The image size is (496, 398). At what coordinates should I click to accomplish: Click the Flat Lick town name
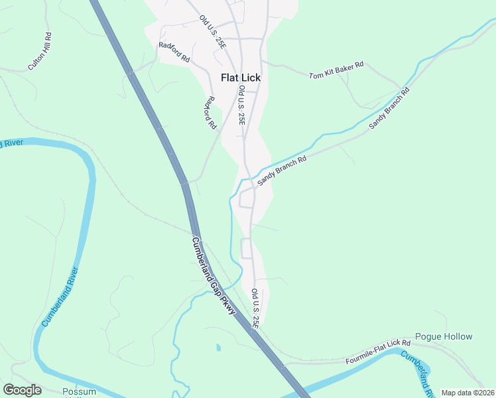[x=241, y=78]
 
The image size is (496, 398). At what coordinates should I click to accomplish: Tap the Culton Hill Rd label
[x=40, y=51]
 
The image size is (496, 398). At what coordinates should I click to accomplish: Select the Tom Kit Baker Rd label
[x=336, y=70]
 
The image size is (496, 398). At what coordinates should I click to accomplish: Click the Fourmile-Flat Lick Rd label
[x=378, y=352]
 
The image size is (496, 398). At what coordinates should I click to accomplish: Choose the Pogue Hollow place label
[x=444, y=336]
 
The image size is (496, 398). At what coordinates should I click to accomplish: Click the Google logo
[x=22, y=390]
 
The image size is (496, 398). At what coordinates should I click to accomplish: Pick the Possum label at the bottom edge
[x=79, y=391]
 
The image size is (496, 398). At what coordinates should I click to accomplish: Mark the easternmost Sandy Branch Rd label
[x=389, y=107]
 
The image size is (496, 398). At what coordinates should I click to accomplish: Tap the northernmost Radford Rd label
[x=174, y=53]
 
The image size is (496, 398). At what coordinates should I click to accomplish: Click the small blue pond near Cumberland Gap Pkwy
[x=218, y=347]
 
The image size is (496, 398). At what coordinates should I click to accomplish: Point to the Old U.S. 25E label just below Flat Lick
[x=242, y=105]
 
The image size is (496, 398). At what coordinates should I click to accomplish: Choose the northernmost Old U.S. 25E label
[x=212, y=32]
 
